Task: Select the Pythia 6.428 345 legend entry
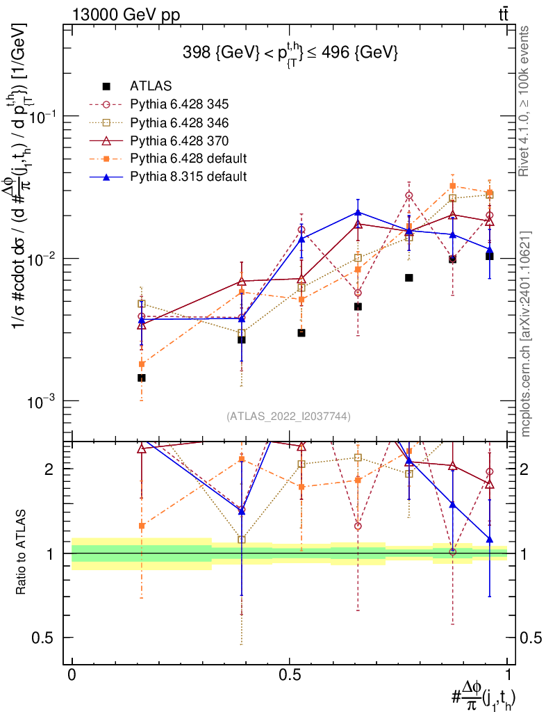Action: (x=179, y=105)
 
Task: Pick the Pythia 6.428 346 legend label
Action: (x=179, y=122)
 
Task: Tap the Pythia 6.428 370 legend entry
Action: (x=179, y=140)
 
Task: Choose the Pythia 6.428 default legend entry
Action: (x=188, y=158)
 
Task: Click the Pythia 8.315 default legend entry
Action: (x=188, y=176)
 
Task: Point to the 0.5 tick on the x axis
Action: (x=290, y=675)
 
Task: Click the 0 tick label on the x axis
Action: (x=72, y=675)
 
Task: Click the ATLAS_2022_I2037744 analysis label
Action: (x=288, y=416)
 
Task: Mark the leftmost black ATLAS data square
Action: (x=141, y=378)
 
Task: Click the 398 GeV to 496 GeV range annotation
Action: (x=290, y=52)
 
